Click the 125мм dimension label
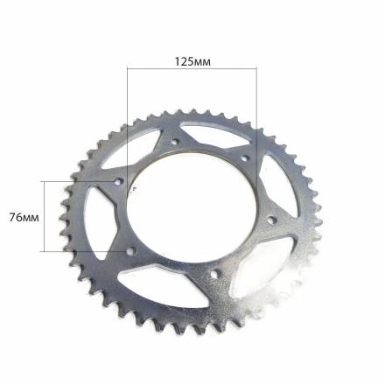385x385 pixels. [x=192, y=62]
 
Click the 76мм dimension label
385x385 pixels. [x=24, y=218]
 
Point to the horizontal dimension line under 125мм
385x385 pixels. [x=192, y=68]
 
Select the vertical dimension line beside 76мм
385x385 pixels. [x=45, y=216]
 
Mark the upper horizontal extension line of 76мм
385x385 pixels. [x=80, y=181]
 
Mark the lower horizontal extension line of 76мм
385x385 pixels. [x=84, y=251]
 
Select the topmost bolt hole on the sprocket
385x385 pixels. [x=175, y=143]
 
